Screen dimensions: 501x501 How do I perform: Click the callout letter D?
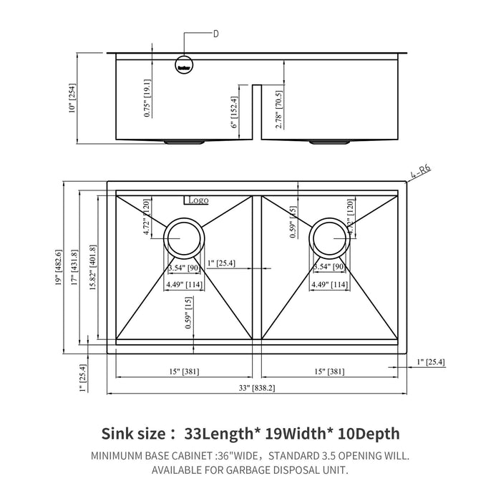pyautogui.click(x=215, y=33)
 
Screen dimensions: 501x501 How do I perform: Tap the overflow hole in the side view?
pyautogui.click(x=184, y=64)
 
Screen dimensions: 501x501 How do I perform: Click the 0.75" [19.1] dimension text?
pyautogui.click(x=147, y=98)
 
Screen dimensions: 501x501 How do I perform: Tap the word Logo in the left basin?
pyautogui.click(x=198, y=201)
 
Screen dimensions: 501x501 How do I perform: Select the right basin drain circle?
pyautogui.click(x=330, y=236)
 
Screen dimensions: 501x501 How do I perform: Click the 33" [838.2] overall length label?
pyautogui.click(x=258, y=387)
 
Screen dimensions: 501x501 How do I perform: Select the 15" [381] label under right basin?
pyautogui.click(x=329, y=372)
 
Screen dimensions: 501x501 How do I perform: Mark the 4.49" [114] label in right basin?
pyautogui.click(x=330, y=284)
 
